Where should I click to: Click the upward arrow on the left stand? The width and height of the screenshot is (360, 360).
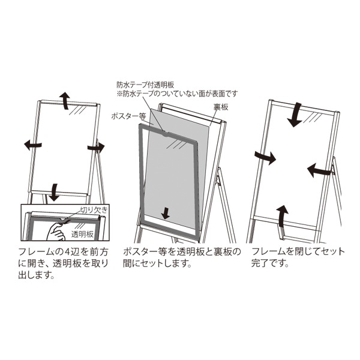(x=65, y=100)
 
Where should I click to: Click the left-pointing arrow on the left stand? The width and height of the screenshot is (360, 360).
(x=33, y=145)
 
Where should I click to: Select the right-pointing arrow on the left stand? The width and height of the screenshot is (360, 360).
(x=96, y=147)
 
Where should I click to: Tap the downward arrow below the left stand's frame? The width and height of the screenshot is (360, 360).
(x=55, y=192)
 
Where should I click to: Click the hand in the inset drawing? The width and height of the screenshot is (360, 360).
(x=56, y=232)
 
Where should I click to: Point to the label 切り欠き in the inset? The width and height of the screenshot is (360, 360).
(x=94, y=210)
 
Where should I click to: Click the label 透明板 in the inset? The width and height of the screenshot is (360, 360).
(x=82, y=234)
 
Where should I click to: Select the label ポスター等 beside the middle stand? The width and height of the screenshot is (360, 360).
(x=129, y=116)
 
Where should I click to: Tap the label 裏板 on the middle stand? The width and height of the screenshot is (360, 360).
(x=221, y=107)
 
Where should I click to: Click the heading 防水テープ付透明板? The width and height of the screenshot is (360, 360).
(x=145, y=85)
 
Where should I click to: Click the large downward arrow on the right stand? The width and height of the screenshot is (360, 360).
(x=295, y=115)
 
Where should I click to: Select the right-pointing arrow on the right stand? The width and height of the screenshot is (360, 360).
(x=265, y=157)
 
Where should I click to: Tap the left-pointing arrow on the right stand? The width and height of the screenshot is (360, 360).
(x=320, y=170)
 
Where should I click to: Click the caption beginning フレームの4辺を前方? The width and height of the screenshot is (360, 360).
(x=63, y=263)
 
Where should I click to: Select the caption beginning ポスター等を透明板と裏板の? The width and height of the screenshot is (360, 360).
(x=182, y=257)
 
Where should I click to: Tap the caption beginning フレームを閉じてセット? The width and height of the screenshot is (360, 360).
(x=298, y=257)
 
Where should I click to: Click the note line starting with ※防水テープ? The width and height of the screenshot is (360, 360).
(x=177, y=94)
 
